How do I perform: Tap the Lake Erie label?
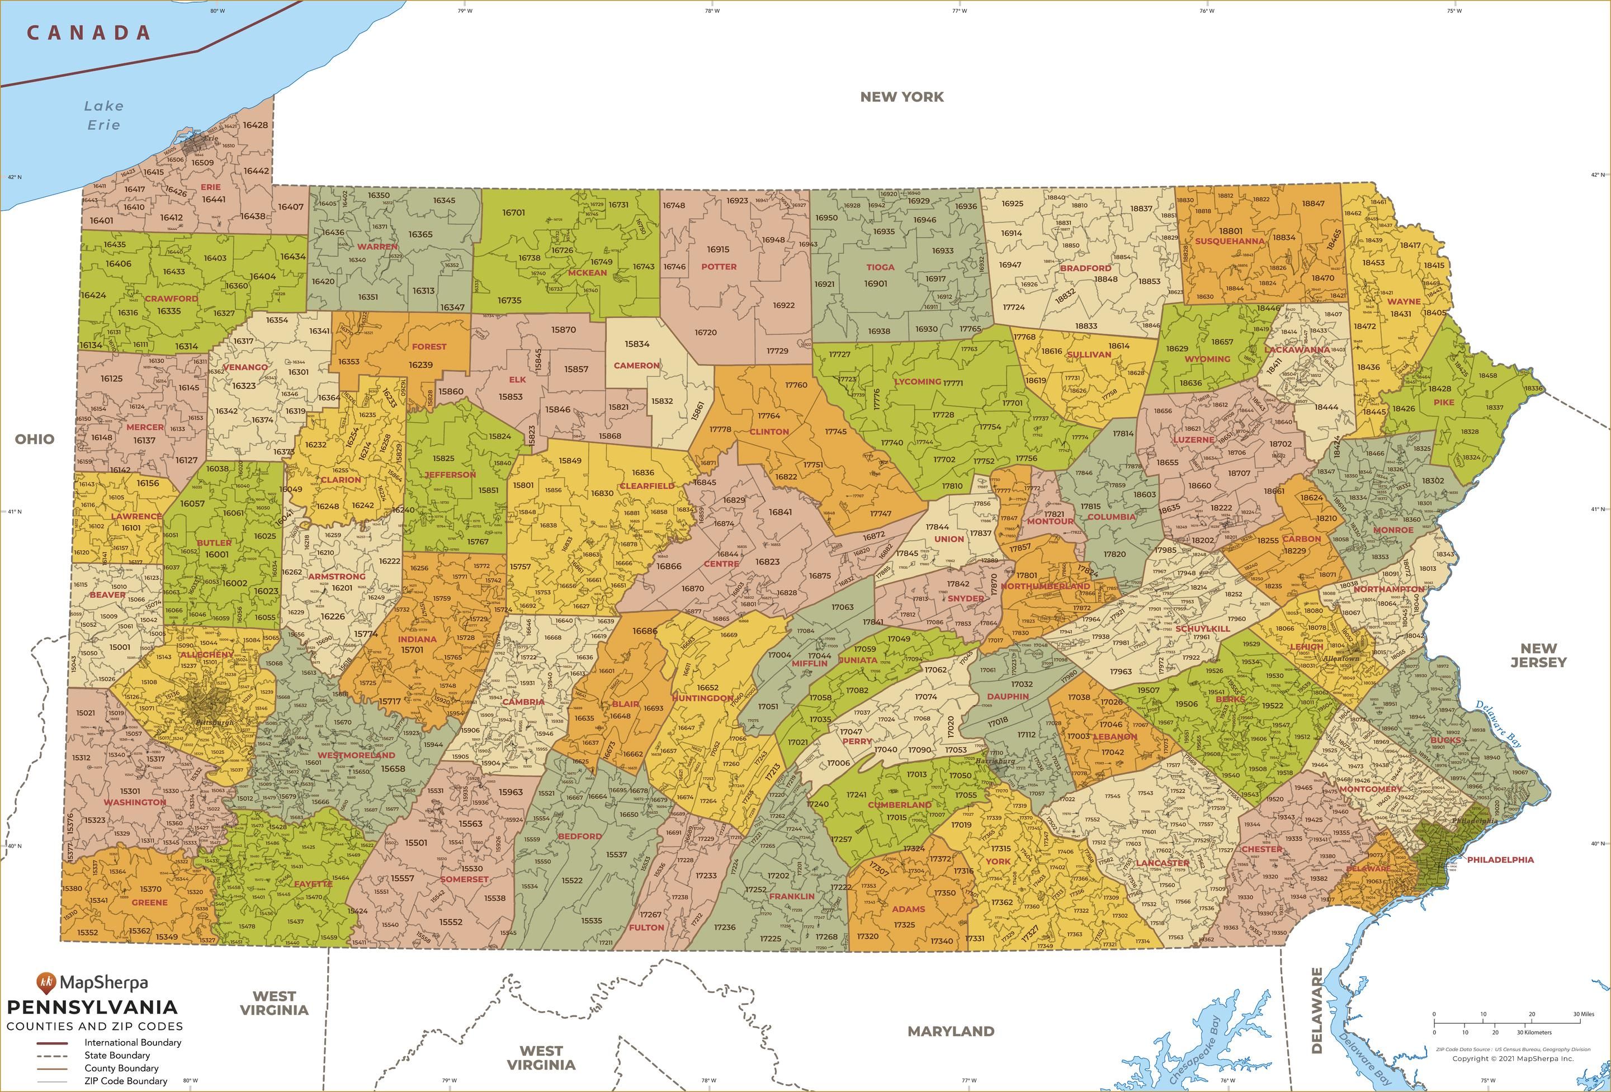104,115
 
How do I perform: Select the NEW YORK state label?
902,97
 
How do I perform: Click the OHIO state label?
35,439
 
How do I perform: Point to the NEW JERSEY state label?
1538,655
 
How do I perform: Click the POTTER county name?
719,266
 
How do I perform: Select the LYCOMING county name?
917,381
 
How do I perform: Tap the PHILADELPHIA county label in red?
1500,860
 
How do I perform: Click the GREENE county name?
150,902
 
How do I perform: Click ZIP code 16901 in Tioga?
876,283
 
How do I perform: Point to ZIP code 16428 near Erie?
255,125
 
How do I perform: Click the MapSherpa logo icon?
46,982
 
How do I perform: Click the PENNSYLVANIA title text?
92,1008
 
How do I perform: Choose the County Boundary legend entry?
121,1068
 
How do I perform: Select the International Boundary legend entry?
133,1042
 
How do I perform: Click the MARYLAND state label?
951,1032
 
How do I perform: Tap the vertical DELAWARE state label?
1317,1010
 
